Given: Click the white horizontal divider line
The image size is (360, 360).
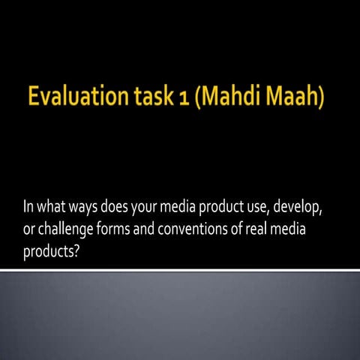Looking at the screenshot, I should click(180, 269).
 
